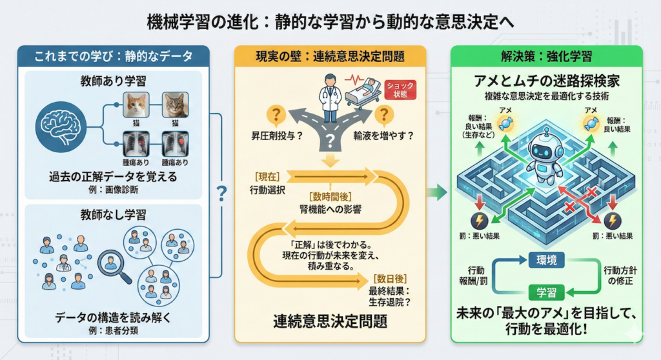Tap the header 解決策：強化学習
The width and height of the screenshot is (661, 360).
pyautogui.click(x=546, y=55)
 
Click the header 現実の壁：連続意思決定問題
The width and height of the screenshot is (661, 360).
pyautogui.click(x=329, y=56)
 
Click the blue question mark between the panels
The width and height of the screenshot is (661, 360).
pyautogui.click(x=222, y=192)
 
